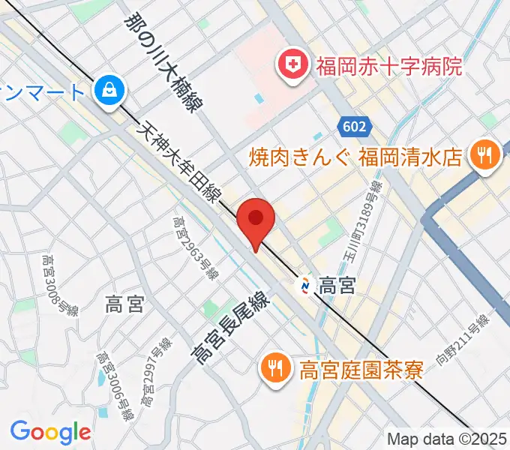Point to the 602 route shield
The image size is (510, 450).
352,127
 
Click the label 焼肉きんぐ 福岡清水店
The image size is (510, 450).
355,157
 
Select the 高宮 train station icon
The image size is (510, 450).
306,286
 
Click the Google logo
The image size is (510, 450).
50,431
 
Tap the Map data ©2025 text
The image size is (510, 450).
448,439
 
